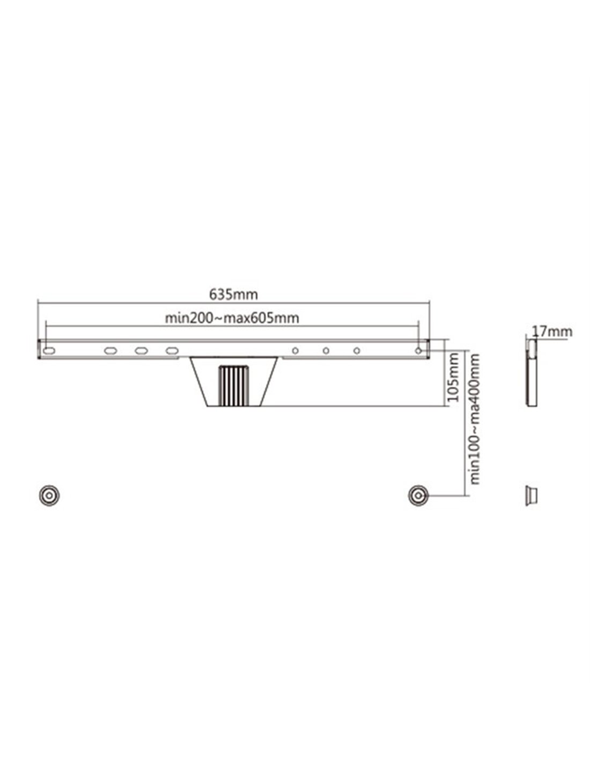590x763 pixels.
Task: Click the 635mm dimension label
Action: pos(233,295)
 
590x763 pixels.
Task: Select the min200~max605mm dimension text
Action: pos(232,318)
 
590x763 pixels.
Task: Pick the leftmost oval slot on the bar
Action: pos(49,350)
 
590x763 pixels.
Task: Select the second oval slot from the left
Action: pos(110,350)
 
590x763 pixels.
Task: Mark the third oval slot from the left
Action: pos(141,350)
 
